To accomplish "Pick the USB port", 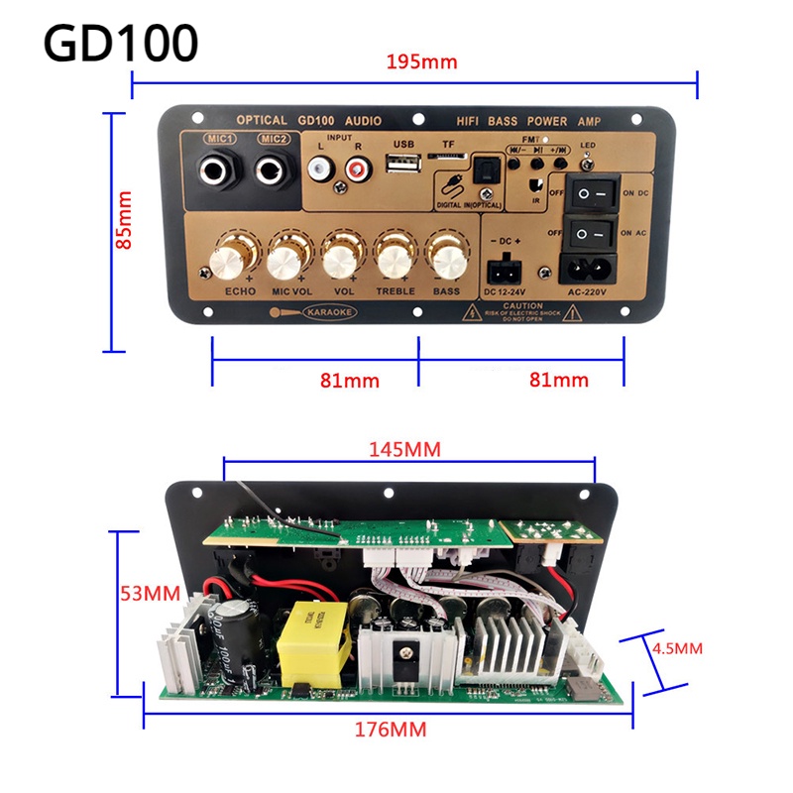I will coord(401,166).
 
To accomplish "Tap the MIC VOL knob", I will coord(285,259).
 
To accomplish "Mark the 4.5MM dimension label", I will coord(677,649).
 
